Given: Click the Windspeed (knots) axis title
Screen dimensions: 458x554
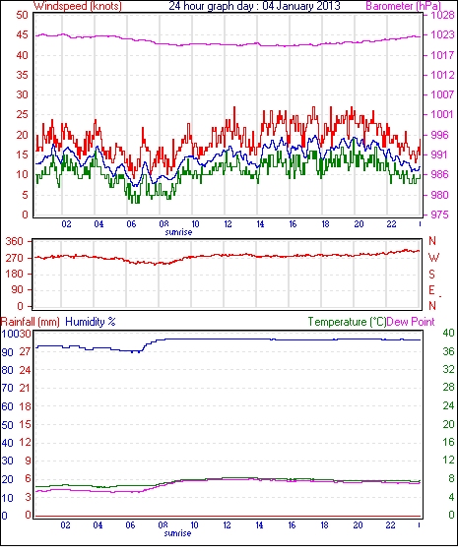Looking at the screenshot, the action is pos(78,6).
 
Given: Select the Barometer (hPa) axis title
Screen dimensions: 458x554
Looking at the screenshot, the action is pos(404,6).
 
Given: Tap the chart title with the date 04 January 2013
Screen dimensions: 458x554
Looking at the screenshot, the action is pos(254,6).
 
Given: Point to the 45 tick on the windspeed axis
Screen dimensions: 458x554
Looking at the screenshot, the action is pos(22,35).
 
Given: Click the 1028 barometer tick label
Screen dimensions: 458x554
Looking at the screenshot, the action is pos(442,15).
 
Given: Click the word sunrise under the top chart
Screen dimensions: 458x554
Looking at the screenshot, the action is pos(178,232).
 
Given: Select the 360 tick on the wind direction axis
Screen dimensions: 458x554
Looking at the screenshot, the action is pos(15,242).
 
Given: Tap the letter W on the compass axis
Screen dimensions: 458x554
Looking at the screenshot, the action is pos(433,258).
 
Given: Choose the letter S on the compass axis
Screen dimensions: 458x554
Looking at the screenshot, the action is pos(431,274).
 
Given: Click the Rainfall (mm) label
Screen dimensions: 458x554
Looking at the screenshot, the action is pos(30,322).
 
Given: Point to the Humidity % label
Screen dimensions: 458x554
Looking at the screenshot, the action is pos(91,322).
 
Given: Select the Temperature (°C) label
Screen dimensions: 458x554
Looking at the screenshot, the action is pos(347,322).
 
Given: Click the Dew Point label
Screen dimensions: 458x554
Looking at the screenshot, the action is pos(411,322).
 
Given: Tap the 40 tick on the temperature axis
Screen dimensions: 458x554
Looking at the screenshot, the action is pos(448,333).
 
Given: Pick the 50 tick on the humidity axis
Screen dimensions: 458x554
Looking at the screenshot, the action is pos(8,425).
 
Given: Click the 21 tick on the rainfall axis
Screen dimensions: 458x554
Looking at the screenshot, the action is pos(25,389).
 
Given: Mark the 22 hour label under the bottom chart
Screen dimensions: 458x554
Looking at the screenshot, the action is pos(390,525).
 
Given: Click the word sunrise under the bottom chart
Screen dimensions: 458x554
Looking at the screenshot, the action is pos(177,533).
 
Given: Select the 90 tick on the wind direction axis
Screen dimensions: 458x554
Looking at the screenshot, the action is pos(18,290).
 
